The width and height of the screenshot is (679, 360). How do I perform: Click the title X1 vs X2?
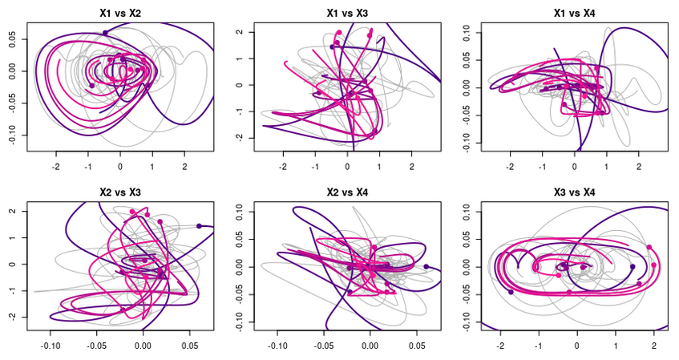point(119,14)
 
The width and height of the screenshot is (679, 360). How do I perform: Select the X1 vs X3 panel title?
point(347,14)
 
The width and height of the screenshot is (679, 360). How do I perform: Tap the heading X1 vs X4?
point(574,14)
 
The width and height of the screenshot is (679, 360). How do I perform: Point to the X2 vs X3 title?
point(119,193)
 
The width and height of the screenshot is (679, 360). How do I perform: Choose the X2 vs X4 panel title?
point(347,193)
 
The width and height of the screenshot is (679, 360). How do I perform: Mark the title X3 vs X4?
point(574,193)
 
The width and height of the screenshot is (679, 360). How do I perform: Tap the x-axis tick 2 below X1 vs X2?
point(184,167)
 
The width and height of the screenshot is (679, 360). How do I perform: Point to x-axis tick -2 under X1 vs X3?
point(283,167)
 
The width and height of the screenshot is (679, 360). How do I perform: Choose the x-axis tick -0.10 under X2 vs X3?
point(51,346)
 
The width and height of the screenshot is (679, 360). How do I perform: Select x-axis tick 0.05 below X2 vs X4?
point(417,346)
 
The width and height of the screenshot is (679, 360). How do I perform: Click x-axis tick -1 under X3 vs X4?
point(538,346)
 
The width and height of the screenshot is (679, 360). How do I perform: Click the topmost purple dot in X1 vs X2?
point(105,32)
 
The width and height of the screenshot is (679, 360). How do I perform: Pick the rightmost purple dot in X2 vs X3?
point(199,226)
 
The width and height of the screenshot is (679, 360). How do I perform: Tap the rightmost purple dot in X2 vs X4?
point(426,266)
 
